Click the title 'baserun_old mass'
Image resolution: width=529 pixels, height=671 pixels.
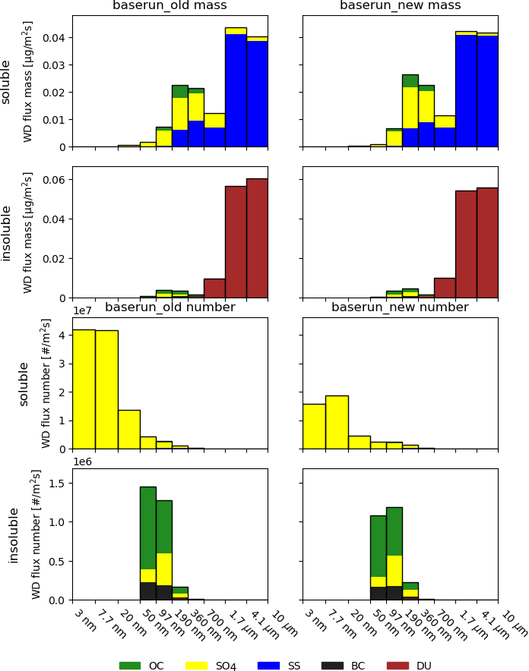pos(169,6)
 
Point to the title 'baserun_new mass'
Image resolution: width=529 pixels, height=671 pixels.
pos(400,6)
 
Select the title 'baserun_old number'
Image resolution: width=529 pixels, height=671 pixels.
pos(169,307)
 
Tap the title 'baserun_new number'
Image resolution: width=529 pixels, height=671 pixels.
pos(400,307)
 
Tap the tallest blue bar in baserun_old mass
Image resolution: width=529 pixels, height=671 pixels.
pos(236,90)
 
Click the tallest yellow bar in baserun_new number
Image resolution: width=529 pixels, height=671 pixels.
pos(337,422)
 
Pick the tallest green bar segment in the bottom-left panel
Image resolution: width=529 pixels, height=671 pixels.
pos(148,528)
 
